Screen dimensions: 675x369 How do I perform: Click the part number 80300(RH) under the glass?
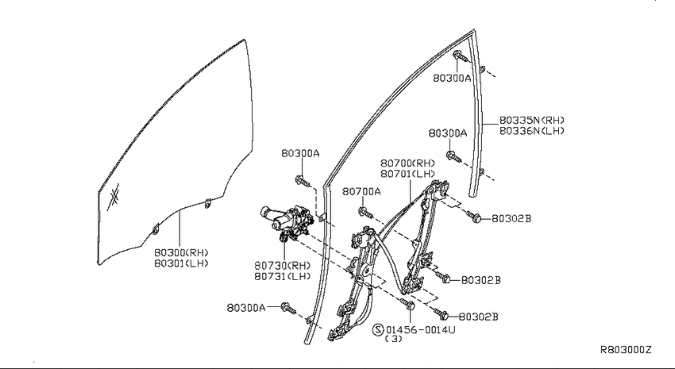point(181,252)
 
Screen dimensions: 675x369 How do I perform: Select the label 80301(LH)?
point(181,263)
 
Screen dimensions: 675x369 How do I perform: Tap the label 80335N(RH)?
point(531,120)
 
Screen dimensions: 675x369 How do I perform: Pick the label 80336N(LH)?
point(531,130)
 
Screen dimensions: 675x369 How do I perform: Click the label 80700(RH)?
point(407,163)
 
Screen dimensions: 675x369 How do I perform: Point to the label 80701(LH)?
point(407,174)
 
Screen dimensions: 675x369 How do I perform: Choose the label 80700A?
point(361,191)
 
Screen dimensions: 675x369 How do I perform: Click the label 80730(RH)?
point(283,266)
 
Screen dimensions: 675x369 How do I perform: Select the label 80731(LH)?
point(283,276)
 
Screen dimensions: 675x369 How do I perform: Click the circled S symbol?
point(377,329)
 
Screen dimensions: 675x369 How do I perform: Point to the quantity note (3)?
point(393,339)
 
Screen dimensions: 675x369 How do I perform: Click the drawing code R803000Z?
point(626,350)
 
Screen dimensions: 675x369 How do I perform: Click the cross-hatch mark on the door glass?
point(114,198)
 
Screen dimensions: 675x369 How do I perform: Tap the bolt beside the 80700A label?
point(365,213)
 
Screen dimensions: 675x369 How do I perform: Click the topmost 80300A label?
point(452,78)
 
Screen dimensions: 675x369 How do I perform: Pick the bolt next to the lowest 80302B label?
point(442,314)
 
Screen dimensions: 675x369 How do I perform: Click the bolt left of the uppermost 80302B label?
point(473,217)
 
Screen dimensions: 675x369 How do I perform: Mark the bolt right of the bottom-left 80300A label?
point(288,308)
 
